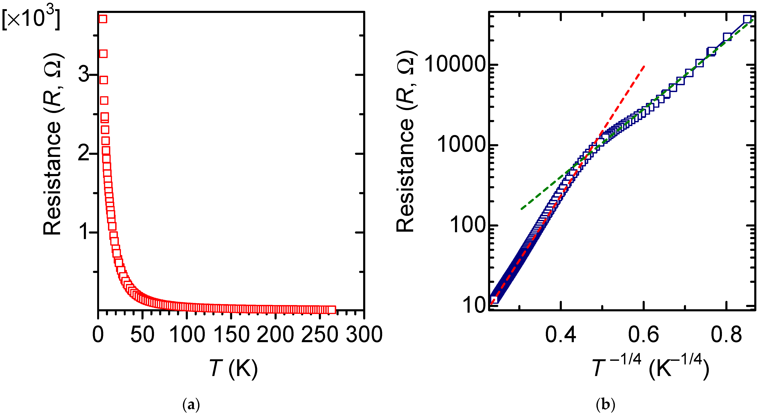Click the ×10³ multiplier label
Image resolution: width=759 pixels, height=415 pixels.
click(x=31, y=18)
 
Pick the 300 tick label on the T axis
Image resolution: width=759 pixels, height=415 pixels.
click(x=364, y=335)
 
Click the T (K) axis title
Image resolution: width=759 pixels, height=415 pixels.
click(x=234, y=368)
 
